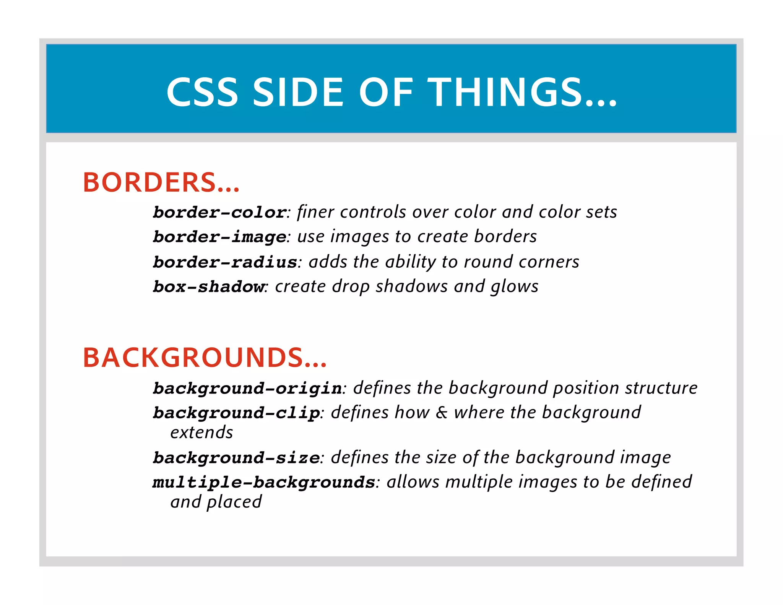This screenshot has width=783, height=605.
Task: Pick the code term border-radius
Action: point(225,262)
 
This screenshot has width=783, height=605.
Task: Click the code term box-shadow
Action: point(209,286)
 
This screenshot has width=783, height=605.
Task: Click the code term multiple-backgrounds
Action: point(264,482)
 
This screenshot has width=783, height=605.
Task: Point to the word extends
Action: point(201,433)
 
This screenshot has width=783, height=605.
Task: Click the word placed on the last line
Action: point(234,502)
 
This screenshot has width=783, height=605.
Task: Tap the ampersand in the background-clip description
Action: point(442,412)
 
